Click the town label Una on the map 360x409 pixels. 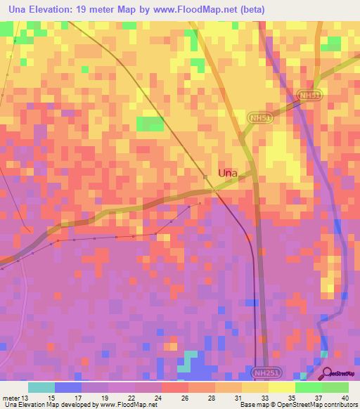[x=227, y=172]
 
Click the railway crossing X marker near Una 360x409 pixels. [x=214, y=189]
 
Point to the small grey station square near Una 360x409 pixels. [x=205, y=176]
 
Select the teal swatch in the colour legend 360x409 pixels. [x=41, y=387]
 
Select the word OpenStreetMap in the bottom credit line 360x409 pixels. [x=290, y=405]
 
